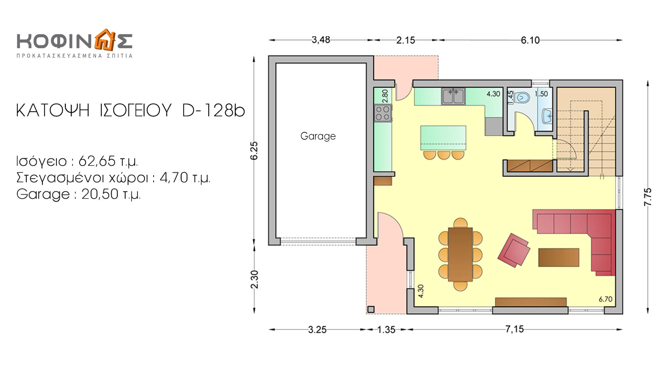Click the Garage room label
(x=318, y=136)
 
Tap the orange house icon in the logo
(x=105, y=40)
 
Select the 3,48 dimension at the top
(x=321, y=40)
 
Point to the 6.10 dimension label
(x=530, y=40)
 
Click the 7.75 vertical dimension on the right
(x=648, y=197)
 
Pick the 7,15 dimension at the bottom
(x=514, y=329)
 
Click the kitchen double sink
(x=453, y=96)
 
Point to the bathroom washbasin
(x=547, y=116)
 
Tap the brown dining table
(x=460, y=254)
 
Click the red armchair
(x=514, y=250)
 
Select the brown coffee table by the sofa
(x=559, y=257)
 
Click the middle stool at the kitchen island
(x=443, y=155)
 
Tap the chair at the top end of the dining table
(x=460, y=223)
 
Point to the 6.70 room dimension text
(x=605, y=299)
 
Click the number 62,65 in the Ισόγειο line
(x=97, y=161)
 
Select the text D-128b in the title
(x=214, y=111)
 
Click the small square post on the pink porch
(x=371, y=310)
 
